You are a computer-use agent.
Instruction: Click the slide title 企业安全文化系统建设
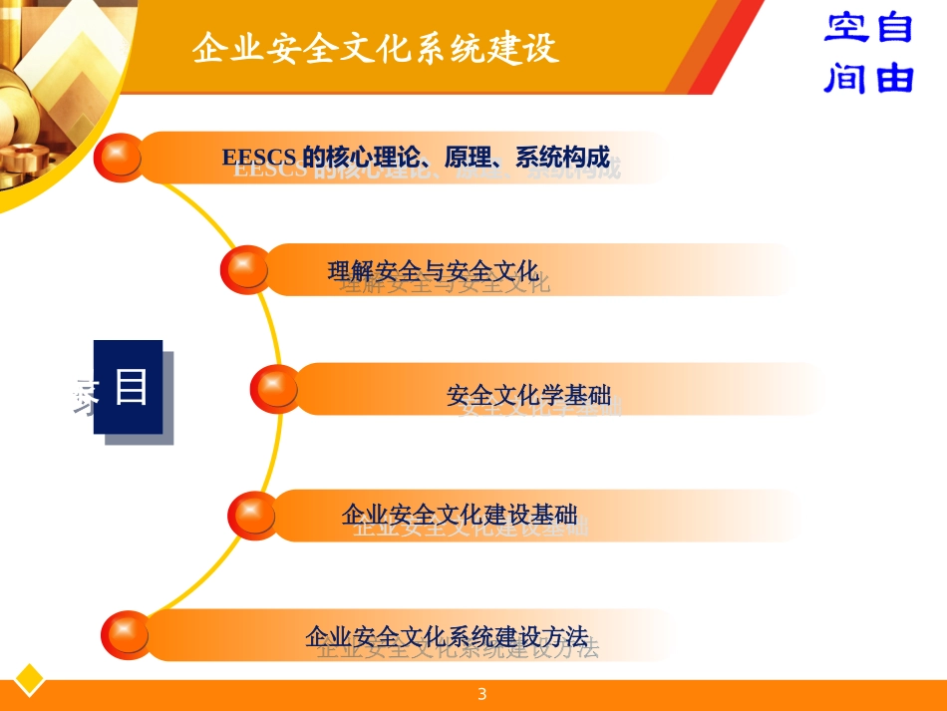[376, 48]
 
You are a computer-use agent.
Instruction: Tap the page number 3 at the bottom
[482, 694]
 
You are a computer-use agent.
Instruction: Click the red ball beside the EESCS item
[121, 158]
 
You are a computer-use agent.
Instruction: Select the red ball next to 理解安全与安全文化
[245, 269]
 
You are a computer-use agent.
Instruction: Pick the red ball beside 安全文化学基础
[275, 389]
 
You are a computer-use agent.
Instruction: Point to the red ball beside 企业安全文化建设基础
[254, 516]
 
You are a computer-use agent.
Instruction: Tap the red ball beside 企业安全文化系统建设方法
[128, 635]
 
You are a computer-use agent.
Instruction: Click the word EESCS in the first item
[258, 158]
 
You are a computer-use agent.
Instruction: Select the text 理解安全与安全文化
[433, 270]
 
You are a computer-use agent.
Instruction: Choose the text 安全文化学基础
[528, 396]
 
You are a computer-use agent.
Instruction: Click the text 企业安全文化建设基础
[459, 516]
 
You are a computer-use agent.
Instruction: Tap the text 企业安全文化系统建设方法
[447, 635]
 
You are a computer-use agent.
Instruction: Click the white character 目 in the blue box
[131, 387]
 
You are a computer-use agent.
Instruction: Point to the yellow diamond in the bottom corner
[29, 679]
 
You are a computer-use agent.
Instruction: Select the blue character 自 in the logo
[893, 28]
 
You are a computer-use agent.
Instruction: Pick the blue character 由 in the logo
[894, 76]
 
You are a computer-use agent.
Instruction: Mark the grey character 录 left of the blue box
[84, 396]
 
